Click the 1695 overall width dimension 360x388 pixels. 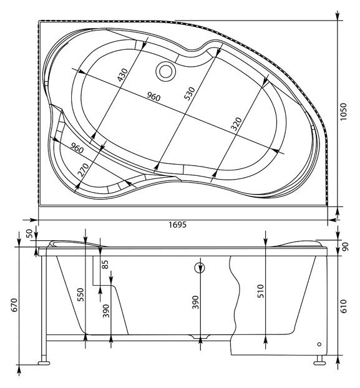coord(177,225)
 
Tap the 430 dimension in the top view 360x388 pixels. coord(123,75)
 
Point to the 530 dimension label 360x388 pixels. coord(190,94)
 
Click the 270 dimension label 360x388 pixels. coord(84,169)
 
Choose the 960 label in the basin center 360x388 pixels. coord(153,97)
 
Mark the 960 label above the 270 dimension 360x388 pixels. coord(77,148)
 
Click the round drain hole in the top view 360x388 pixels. coord(166,71)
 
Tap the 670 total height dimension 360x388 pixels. coord(14,305)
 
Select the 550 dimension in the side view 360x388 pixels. coord(80,294)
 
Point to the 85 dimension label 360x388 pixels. coord(105,264)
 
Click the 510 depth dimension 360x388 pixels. coord(261,291)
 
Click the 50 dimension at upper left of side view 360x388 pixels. coord(29,233)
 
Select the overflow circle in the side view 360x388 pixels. coord(200,268)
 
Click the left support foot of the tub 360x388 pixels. coord(44,363)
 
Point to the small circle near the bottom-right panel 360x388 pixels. coord(319,344)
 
